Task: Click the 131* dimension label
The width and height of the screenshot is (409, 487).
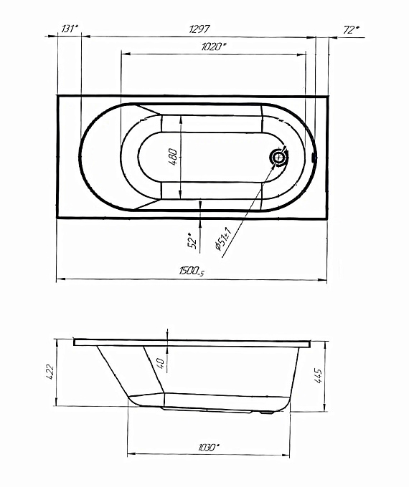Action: pos(70,29)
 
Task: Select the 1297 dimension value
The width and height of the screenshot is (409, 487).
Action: pos(199,29)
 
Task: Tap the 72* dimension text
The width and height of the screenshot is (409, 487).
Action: pos(351,30)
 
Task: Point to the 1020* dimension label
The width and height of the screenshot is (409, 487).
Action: pos(214,47)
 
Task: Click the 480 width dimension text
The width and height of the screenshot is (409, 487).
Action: pos(174,157)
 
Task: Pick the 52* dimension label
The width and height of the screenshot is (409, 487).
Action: pos(192,240)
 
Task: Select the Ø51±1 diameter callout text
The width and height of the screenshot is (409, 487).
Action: pos(222,238)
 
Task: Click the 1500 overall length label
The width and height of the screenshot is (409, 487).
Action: pos(192,271)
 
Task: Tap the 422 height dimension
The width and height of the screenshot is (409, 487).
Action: pos(50,372)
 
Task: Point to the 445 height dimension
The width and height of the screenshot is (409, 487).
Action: pos(318,376)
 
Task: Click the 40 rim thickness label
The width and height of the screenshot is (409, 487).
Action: pos(161,363)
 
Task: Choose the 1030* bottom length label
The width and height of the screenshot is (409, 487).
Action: pos(209,448)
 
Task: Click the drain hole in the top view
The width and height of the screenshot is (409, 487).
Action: pos(279,158)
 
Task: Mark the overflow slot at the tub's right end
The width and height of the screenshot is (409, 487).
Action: pos(314,157)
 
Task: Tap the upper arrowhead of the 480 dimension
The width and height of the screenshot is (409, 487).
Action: pos(181,119)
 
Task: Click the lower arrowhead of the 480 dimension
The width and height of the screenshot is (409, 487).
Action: pos(181,195)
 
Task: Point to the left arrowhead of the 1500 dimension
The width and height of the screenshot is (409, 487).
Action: pos(60,279)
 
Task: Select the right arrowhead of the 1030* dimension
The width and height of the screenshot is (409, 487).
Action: pos(286,455)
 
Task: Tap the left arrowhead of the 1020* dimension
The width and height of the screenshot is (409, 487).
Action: pos(125,54)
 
